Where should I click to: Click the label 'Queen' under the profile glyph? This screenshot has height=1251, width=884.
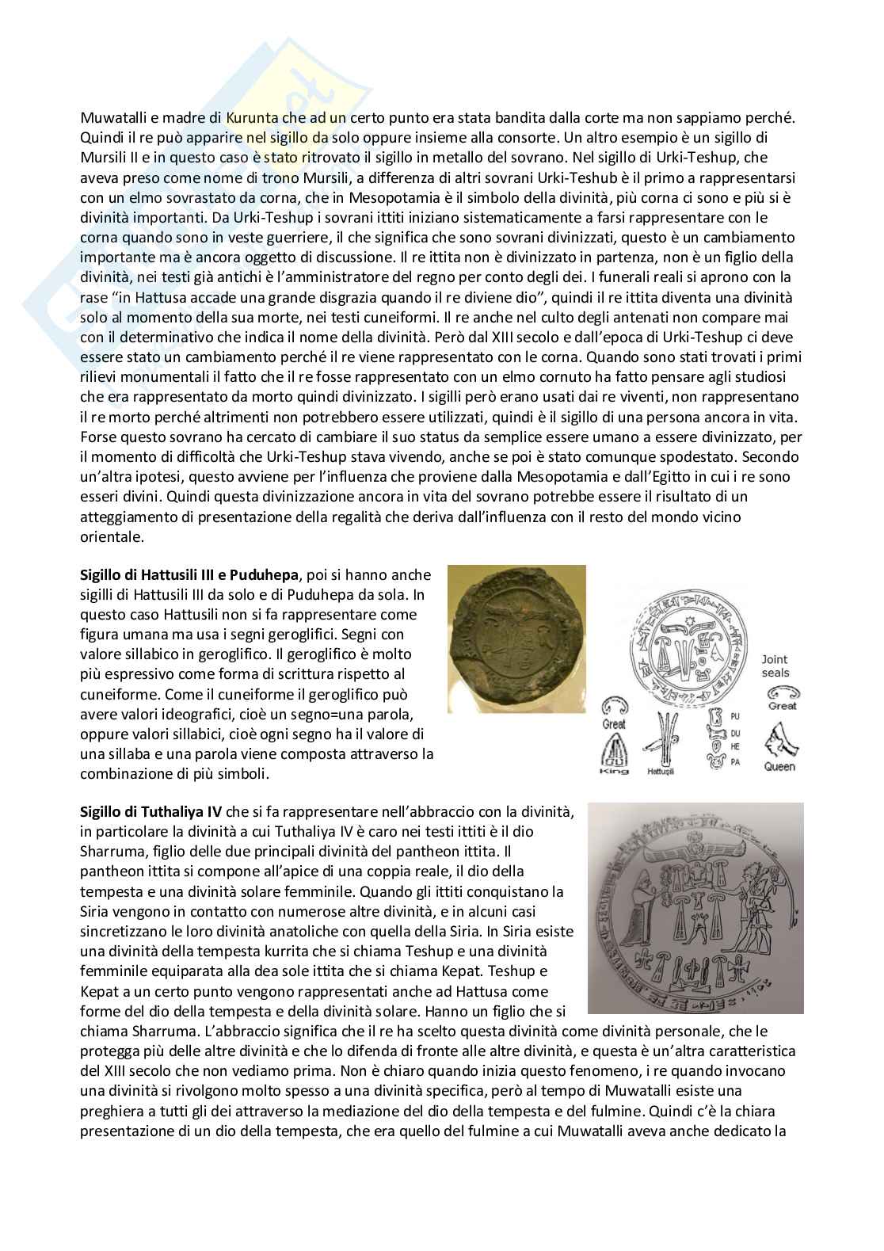point(779,766)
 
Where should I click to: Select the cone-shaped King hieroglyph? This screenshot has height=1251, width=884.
point(615,748)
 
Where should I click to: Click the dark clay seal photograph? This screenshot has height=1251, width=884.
point(516,634)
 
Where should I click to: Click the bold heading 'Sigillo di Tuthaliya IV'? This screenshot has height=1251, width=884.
point(151,811)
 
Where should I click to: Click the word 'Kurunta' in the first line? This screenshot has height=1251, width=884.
point(250,117)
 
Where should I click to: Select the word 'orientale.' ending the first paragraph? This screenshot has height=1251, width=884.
point(112,536)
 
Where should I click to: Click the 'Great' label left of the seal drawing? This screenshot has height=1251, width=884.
point(614,723)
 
